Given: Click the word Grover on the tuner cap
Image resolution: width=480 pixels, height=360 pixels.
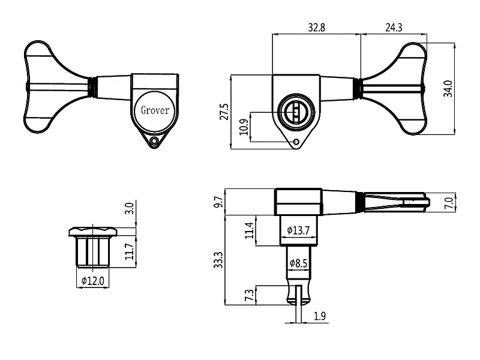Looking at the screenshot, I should point(155,110).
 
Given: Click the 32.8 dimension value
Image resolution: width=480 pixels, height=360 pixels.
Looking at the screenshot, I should point(316,28).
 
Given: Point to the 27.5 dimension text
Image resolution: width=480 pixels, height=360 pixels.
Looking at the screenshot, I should point(224,112).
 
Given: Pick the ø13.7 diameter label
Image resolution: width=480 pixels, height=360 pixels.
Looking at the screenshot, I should point(298,230).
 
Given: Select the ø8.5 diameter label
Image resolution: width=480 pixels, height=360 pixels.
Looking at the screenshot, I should point(298,263).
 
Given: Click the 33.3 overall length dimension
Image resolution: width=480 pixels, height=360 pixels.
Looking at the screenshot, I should point(218,259).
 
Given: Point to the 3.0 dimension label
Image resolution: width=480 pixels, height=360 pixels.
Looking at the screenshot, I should point(128,209).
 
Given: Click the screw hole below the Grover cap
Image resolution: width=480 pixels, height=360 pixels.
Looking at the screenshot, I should point(155,142).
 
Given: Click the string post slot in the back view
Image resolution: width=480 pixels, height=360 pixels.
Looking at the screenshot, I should point(296,112).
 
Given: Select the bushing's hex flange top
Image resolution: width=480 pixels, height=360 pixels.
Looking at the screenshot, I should point(94,231).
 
